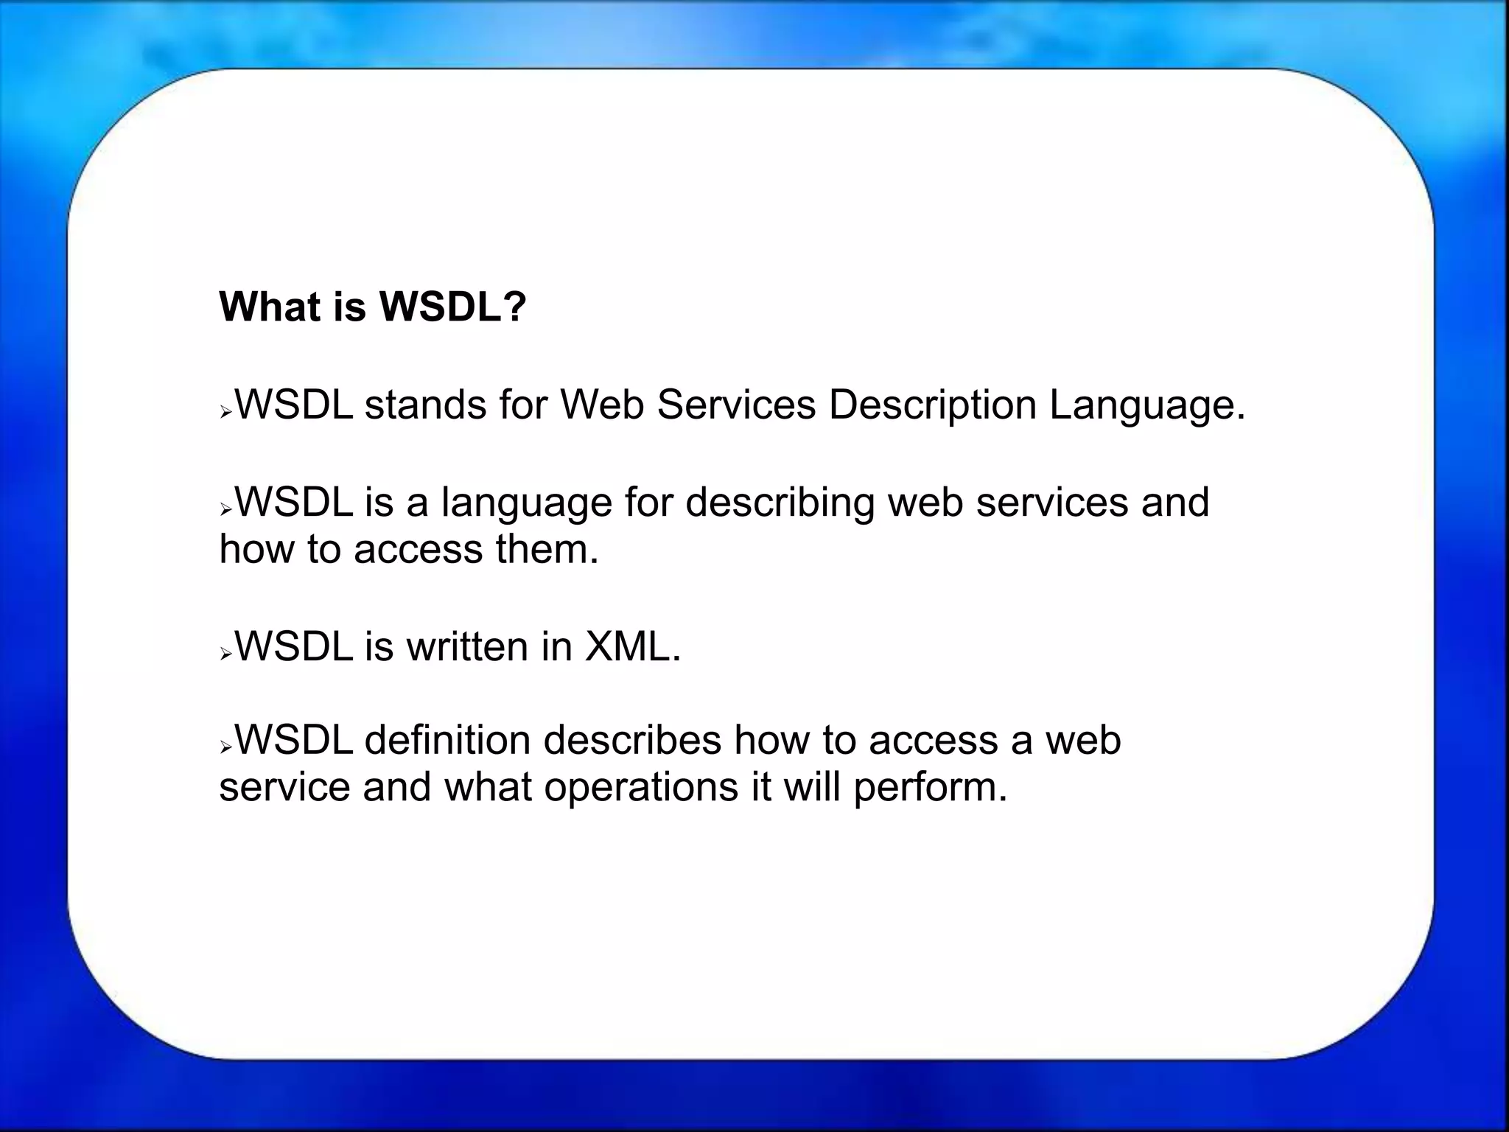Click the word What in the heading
coord(270,307)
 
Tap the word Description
coord(932,406)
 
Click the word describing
coord(780,503)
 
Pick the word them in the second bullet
coord(542,549)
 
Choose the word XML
coord(628,646)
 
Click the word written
coord(467,646)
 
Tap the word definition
coord(447,740)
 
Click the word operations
coord(641,788)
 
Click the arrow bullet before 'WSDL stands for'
coord(226,413)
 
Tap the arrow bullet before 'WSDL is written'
coord(226,654)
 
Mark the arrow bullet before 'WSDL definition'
coord(226,748)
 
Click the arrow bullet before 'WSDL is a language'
coord(226,510)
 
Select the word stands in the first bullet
coord(425,405)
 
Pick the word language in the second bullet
coord(527,503)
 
